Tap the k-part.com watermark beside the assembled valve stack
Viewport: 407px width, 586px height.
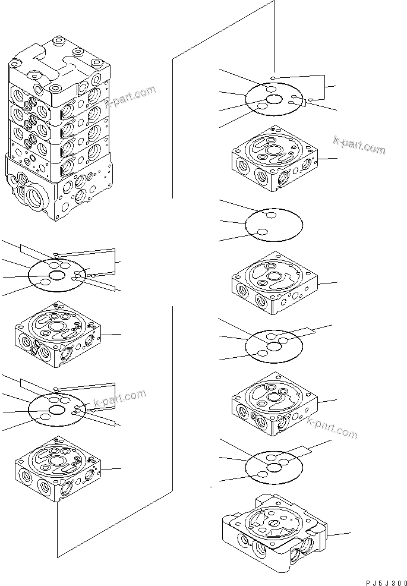pos(130,96)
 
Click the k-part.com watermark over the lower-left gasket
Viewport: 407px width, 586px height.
pos(116,399)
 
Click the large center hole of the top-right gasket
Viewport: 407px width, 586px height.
pos(274,100)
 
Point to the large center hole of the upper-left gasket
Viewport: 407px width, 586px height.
pos(57,275)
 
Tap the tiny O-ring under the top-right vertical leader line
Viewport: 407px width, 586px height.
pos(272,77)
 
